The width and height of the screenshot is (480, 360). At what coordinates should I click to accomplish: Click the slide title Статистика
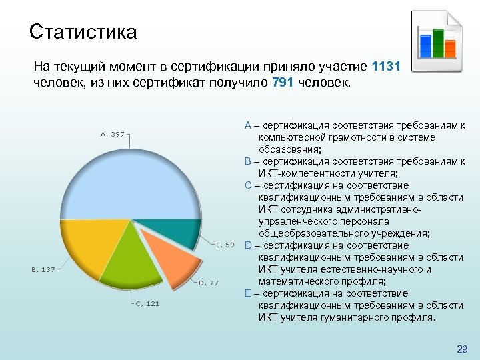tap(83, 31)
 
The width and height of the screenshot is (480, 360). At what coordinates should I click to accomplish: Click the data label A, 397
tap(112, 134)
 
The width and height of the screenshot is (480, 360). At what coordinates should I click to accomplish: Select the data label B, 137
tap(43, 270)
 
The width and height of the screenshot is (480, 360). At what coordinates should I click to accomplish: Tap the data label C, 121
tap(147, 303)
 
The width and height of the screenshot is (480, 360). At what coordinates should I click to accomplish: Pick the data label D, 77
tap(209, 283)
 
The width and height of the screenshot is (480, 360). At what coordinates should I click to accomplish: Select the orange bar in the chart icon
tap(450, 48)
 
